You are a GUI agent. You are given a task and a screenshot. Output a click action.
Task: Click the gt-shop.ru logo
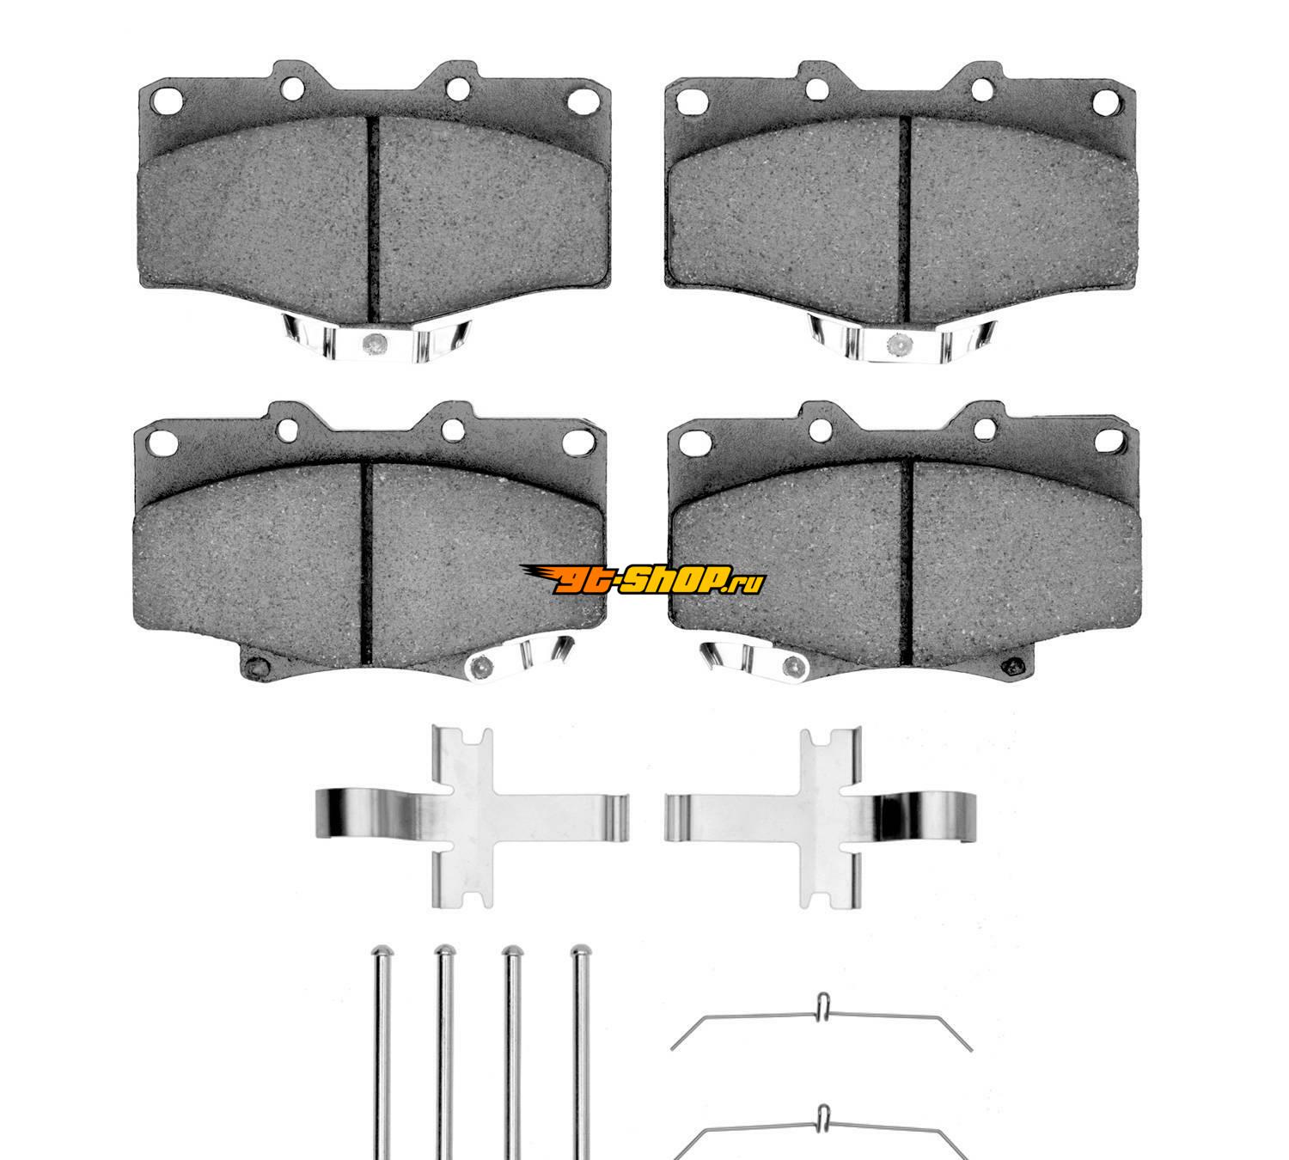[x=643, y=579]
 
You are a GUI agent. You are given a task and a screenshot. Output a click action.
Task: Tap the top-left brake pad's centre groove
[x=373, y=217]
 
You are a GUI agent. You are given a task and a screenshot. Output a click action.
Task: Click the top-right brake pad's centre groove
[x=904, y=218]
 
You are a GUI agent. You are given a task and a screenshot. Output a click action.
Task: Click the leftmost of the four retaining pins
[x=382, y=1052]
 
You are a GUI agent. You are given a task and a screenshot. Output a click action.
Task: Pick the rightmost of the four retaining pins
[x=581, y=1052]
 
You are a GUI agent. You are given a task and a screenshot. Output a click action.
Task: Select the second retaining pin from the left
[x=444, y=1052]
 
